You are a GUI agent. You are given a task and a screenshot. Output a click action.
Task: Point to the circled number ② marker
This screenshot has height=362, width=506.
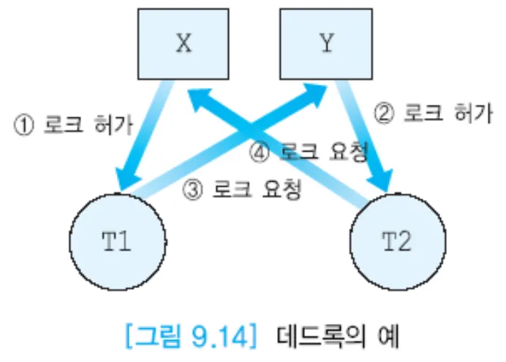[x=385, y=114]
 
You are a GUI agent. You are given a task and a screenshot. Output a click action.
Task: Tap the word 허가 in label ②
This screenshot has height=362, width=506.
[x=473, y=114]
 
